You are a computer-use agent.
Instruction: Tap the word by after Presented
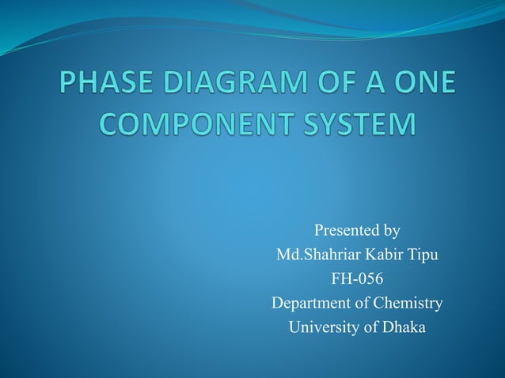pyautogui.click(x=391, y=232)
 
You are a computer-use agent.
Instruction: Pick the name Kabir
pyautogui.click(x=382, y=255)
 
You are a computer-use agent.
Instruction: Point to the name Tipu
pyautogui.click(x=423, y=256)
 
